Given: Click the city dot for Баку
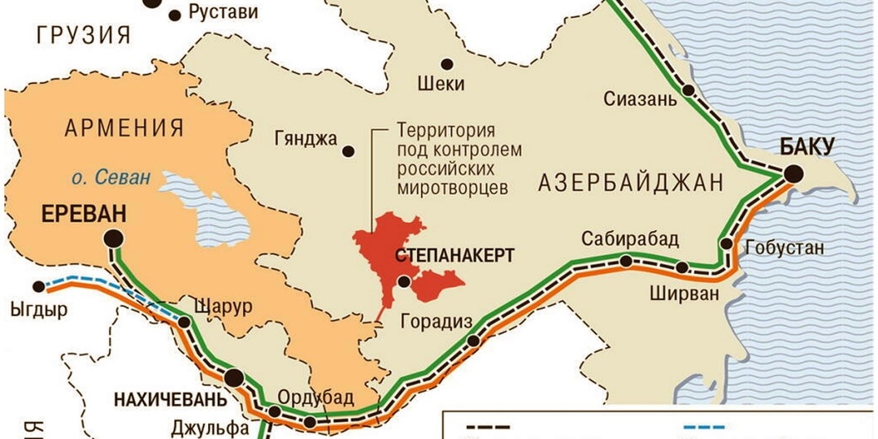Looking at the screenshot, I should click(x=793, y=174).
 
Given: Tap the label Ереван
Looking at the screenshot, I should click(x=85, y=215).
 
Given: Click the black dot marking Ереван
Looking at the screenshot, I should click(x=113, y=238).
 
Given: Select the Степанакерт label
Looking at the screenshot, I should click(x=454, y=256).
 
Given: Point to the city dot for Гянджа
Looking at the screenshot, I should click(x=349, y=151).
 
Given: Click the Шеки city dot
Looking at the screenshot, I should click(x=446, y=64).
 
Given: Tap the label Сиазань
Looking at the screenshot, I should click(x=640, y=100).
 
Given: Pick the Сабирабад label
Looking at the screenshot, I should click(x=630, y=240).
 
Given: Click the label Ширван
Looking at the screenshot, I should click(x=685, y=293).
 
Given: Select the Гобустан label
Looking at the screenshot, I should click(x=785, y=248).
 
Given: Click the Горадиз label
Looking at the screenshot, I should click(x=437, y=322).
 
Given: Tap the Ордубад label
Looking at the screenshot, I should click(x=315, y=398).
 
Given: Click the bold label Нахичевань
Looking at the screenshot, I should click(x=166, y=400).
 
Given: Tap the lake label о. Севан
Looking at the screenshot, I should click(x=109, y=177).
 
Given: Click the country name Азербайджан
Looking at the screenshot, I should click(x=630, y=184).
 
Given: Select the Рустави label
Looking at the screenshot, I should click(x=223, y=12).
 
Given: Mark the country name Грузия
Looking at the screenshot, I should click(x=84, y=35).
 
